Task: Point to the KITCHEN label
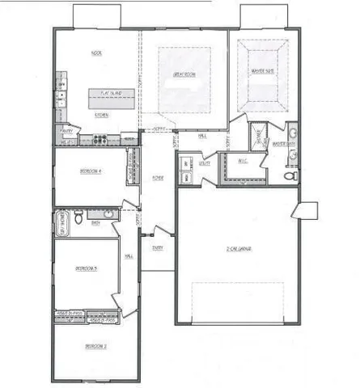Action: pyautogui.click(x=102, y=115)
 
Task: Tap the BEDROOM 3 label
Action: pyautogui.click(x=87, y=268)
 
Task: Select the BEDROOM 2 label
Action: pyautogui.click(x=95, y=346)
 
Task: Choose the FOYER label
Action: pyautogui.click(x=159, y=177)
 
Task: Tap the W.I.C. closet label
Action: pyautogui.click(x=243, y=161)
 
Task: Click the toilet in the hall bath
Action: pyautogui.click(x=78, y=217)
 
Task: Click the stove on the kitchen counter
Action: pyautogui.click(x=98, y=140)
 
